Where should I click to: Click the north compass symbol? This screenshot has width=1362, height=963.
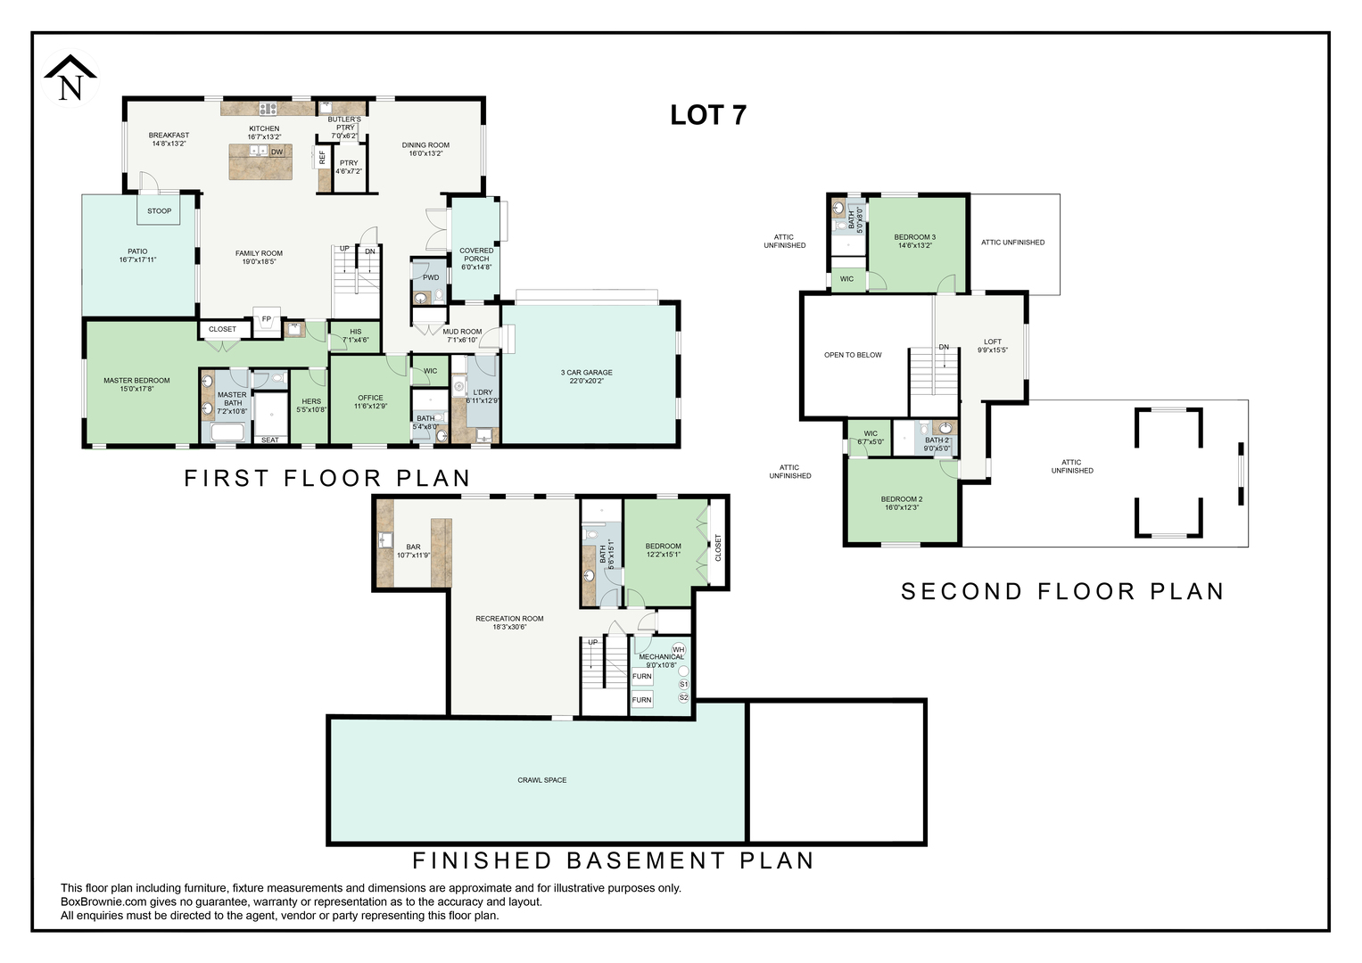click(x=70, y=78)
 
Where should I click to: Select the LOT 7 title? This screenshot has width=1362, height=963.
click(x=707, y=115)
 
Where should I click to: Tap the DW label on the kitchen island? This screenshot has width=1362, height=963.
click(x=277, y=152)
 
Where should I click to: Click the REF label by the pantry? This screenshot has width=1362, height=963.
click(x=322, y=158)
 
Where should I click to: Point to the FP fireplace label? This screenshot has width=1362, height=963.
click(x=267, y=319)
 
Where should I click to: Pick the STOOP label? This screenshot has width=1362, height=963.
click(x=160, y=211)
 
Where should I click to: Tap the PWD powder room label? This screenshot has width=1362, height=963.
click(x=431, y=278)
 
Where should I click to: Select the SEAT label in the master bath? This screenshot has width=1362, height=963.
click(x=270, y=440)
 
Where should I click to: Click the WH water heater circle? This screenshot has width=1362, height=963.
click(x=679, y=650)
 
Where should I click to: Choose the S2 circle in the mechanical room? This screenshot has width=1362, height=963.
click(x=683, y=697)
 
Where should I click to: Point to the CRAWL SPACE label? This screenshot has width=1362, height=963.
click(x=541, y=780)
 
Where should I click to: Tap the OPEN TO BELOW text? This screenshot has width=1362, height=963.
click(x=853, y=355)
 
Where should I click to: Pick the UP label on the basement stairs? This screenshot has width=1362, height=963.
click(x=593, y=642)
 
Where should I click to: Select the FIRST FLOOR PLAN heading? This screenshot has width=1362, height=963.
click(x=327, y=478)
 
